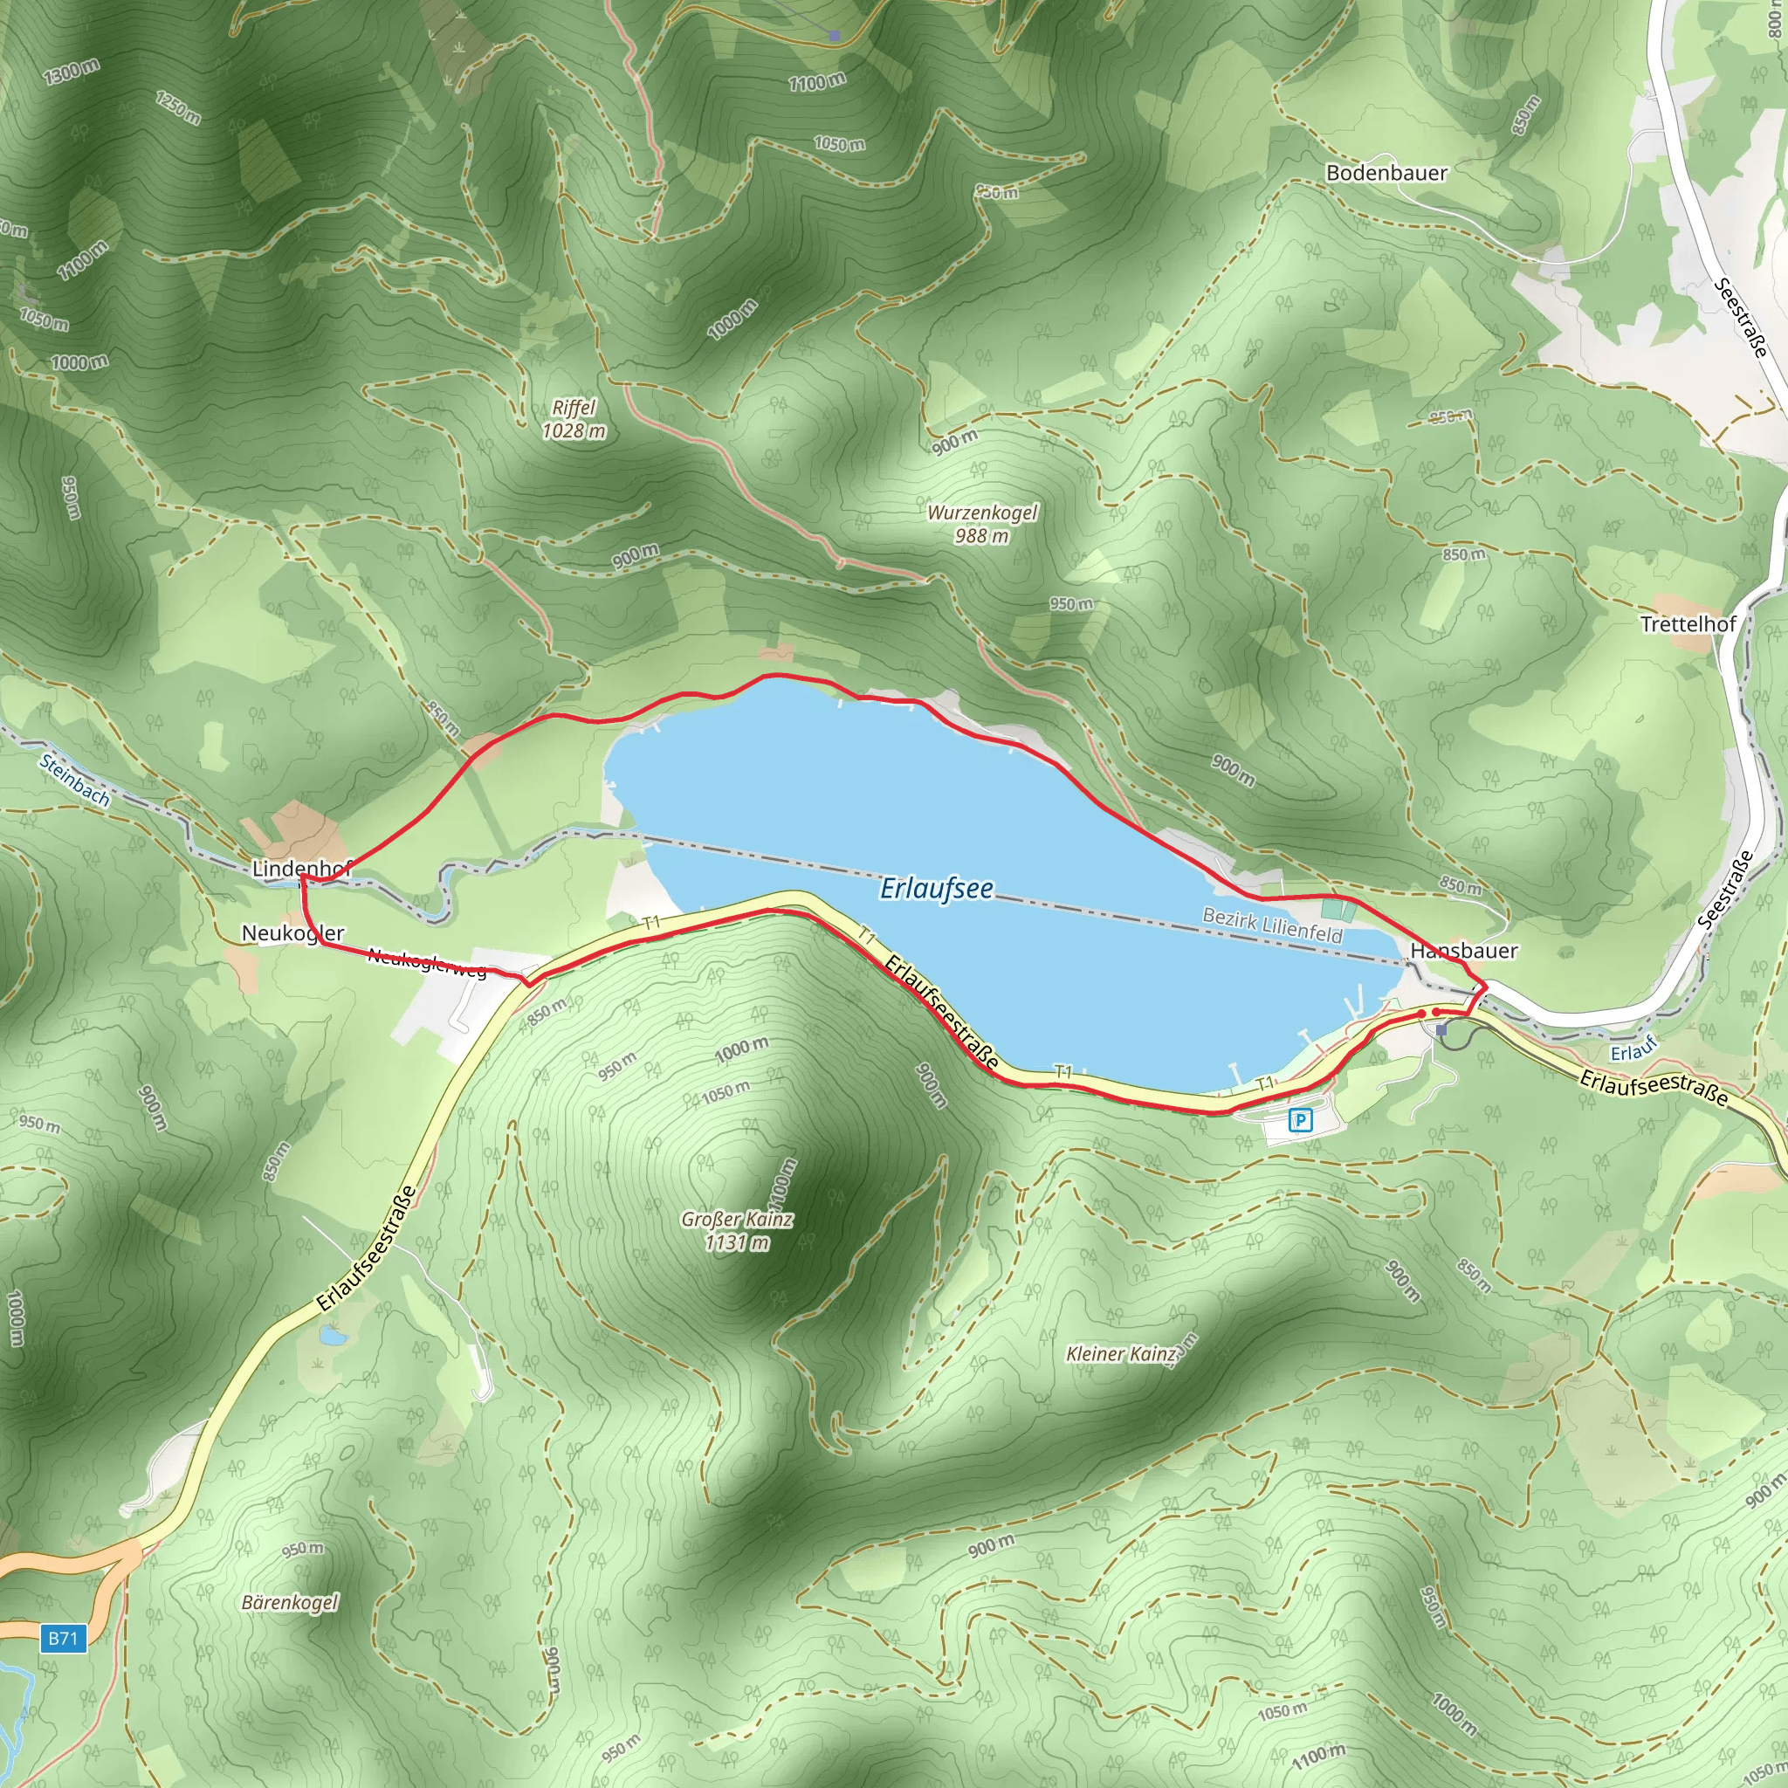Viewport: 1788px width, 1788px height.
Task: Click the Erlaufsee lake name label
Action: point(937,889)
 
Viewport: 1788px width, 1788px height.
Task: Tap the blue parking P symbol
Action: point(1300,1122)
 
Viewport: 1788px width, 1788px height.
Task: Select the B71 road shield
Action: point(63,1637)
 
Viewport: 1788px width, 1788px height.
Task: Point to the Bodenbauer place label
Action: point(1386,173)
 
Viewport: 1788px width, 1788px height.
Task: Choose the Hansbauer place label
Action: point(1463,951)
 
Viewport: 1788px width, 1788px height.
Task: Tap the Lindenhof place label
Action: point(302,869)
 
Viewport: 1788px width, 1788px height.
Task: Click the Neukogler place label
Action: point(292,933)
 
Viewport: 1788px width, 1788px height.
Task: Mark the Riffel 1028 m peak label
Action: point(574,418)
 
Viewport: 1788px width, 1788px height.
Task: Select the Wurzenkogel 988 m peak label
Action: point(982,524)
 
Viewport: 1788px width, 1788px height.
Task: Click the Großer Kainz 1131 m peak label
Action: point(737,1231)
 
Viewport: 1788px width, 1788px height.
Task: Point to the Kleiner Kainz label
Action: point(1120,1354)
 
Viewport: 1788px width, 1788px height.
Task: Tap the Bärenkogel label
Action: point(290,1602)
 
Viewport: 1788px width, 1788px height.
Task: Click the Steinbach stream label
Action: point(75,780)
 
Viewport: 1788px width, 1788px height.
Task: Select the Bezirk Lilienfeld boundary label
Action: point(1271,925)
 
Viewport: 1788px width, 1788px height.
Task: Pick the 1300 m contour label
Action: point(72,72)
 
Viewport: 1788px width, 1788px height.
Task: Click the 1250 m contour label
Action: point(178,108)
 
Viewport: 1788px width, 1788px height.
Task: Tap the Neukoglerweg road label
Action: point(427,961)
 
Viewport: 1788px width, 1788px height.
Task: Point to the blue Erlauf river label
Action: point(1633,1052)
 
